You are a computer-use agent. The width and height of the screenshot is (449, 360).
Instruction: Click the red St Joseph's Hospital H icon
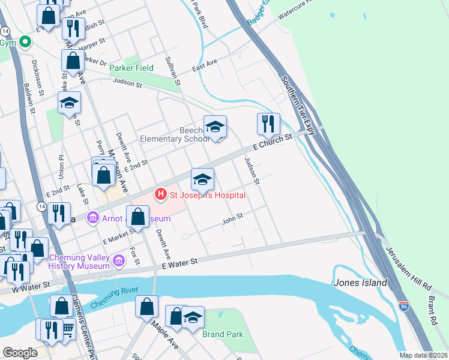point(160,194)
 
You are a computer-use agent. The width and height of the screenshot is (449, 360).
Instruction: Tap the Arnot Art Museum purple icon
point(93,217)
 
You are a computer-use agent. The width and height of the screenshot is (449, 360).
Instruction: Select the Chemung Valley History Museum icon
point(119,260)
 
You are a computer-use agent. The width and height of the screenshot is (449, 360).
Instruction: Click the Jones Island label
point(360,283)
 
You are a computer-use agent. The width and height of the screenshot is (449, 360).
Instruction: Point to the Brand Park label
point(223,334)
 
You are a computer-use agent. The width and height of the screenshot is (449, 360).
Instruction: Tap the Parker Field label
point(131,68)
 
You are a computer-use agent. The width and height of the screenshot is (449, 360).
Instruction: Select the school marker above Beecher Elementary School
point(215,127)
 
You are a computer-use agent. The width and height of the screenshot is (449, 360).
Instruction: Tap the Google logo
point(20,352)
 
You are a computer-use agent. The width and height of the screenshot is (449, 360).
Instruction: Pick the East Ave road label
point(205,64)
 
